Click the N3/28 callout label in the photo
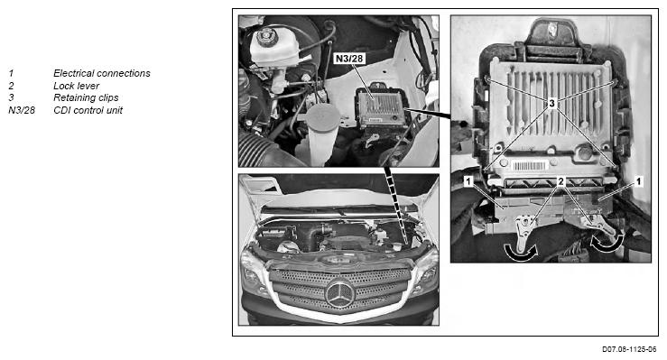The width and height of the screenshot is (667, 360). point(349,59)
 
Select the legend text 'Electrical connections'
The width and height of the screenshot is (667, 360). point(102,73)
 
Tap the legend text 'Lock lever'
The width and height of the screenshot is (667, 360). point(76,86)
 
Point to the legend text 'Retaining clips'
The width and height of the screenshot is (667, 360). point(86,97)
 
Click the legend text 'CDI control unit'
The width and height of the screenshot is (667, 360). point(88,110)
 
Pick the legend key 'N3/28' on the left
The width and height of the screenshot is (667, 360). point(22,110)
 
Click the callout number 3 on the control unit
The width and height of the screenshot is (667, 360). point(551,103)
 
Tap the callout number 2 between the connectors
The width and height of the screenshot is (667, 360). point(560,181)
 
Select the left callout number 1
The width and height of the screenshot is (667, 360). point(468,181)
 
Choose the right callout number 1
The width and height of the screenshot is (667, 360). point(637,181)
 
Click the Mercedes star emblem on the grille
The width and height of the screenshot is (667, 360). point(339,294)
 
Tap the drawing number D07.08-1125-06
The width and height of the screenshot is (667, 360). point(629,349)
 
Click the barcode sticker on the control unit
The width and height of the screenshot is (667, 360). point(529,166)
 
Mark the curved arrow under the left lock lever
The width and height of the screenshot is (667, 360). point(521,253)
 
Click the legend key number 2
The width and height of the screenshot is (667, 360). point(11,86)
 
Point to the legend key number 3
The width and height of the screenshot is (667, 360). point(11,97)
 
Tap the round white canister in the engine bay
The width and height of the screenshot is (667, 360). point(322,133)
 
